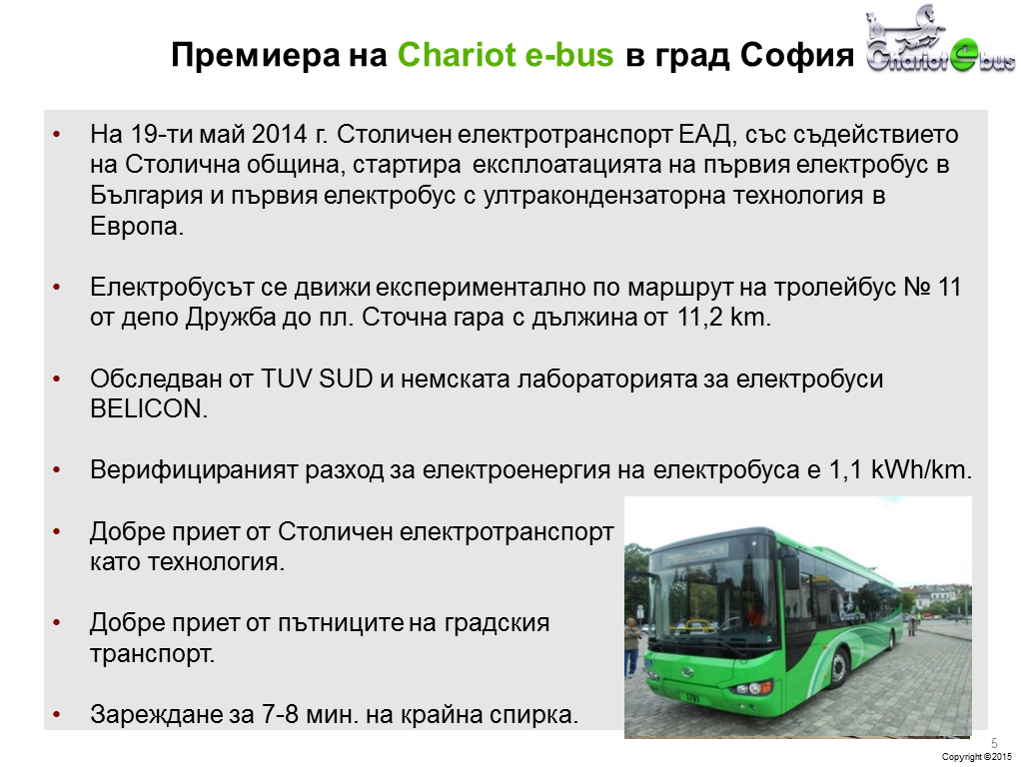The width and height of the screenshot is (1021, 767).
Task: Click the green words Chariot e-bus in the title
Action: pos(506,55)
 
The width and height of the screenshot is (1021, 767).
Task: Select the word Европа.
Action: pos(137,226)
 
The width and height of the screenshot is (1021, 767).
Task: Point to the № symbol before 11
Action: pos(917,288)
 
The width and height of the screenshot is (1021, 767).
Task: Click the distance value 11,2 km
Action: pos(724,318)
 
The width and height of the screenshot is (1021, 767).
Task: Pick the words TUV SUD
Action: pos(317,379)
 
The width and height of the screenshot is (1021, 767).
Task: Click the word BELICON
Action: pos(149,408)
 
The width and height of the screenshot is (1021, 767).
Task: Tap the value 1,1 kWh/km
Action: pos(900,469)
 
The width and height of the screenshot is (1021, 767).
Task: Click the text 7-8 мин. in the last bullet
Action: pos(310,714)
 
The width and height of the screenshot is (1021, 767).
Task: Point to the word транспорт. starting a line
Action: pos(153,654)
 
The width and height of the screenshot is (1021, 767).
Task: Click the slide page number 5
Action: pos(994,743)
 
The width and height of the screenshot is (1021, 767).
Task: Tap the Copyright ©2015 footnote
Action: pos(977,757)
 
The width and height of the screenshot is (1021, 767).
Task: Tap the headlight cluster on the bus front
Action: pos(750,687)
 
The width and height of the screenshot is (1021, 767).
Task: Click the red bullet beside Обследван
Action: pos(57,379)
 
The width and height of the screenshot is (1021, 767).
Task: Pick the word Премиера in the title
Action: pos(256,55)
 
